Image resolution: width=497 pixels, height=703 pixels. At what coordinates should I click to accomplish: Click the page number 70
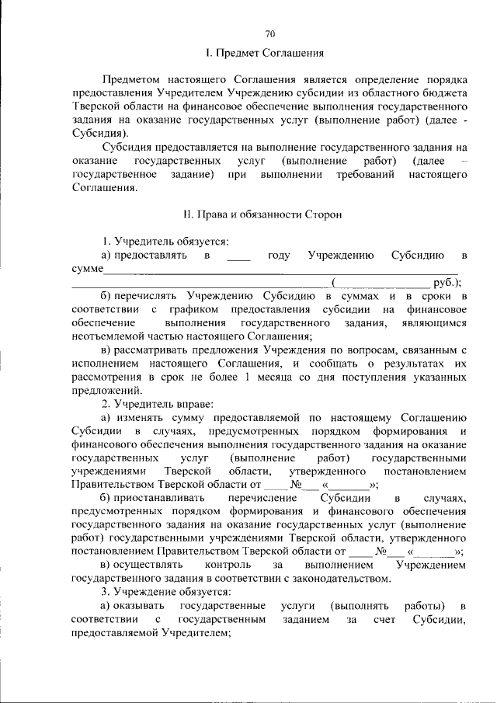click(270, 33)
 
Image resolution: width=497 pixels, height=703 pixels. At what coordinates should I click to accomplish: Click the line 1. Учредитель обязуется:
click(165, 242)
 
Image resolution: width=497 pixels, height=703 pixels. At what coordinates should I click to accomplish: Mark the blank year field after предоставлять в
click(240, 256)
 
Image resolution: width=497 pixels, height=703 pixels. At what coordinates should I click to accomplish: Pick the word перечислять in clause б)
click(151, 296)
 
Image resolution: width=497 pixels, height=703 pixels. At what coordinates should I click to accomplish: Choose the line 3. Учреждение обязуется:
click(166, 592)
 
